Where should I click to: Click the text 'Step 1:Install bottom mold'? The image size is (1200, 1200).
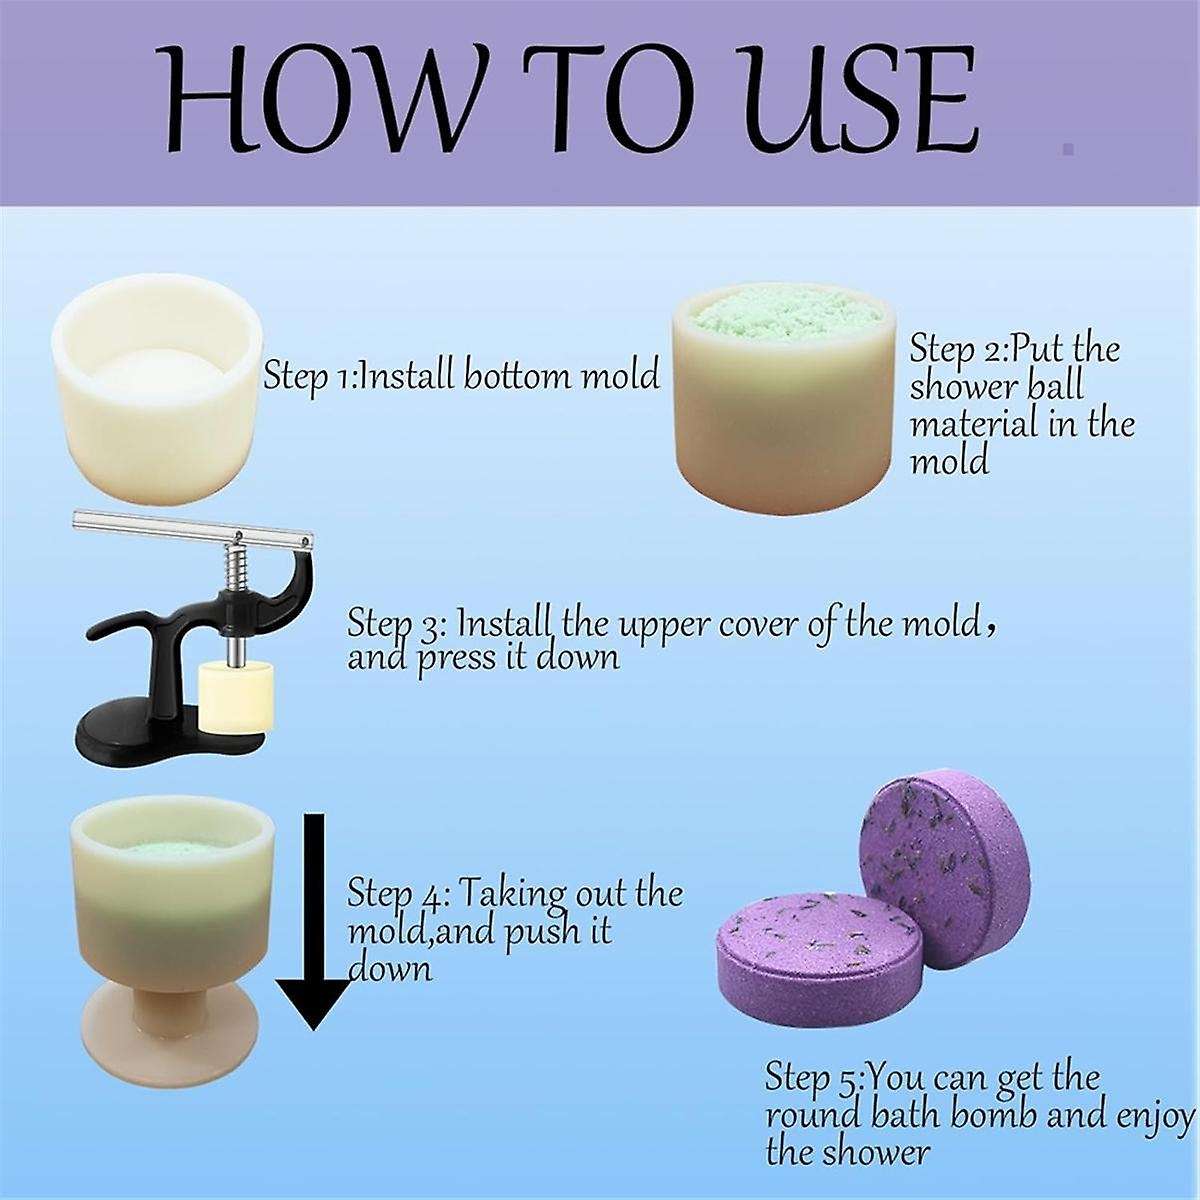coord(461,376)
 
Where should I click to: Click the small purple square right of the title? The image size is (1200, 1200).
coord(1068,149)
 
